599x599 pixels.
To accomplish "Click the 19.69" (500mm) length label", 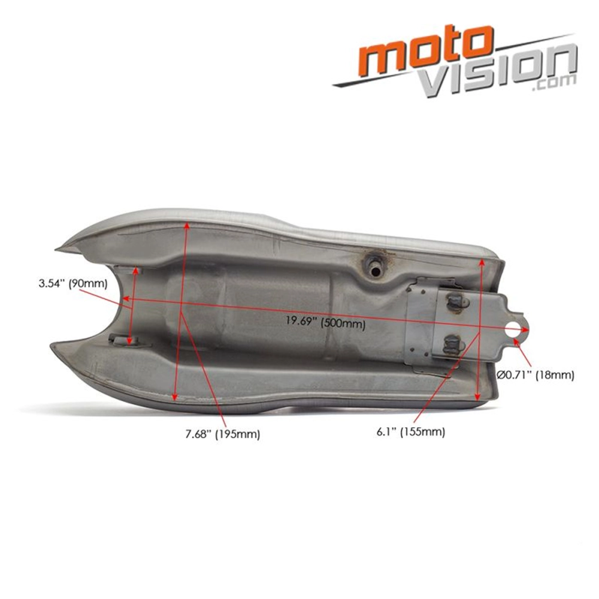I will coord(325,322).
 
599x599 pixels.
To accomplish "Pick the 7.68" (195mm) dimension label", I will coord(222,434).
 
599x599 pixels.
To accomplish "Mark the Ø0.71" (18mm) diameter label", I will coord(536,376).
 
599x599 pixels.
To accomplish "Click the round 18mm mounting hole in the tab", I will coord(513,330).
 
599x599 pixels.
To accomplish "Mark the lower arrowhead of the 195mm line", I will coord(174,398).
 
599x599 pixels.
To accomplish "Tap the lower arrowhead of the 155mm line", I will coord(477,397).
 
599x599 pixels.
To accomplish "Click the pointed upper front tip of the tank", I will coord(58,249).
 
